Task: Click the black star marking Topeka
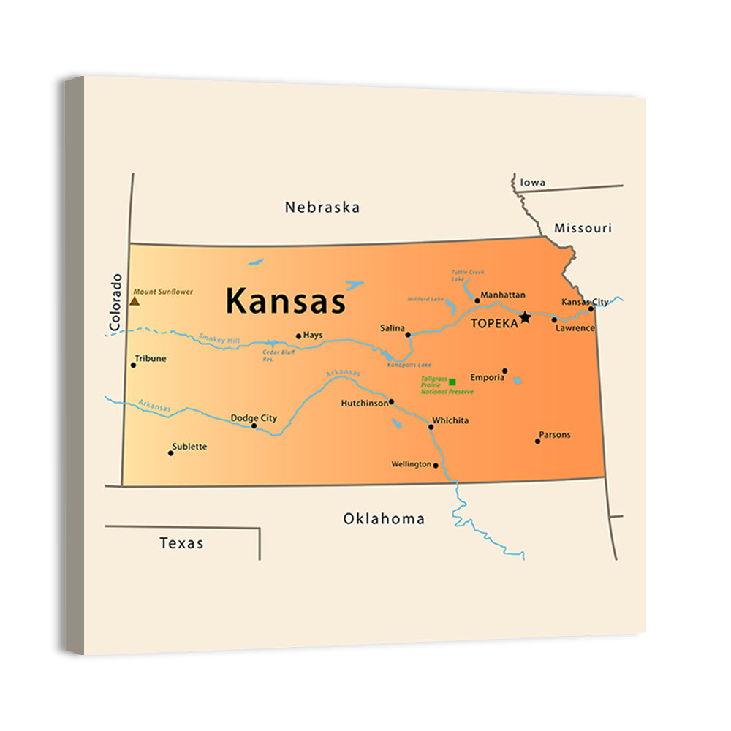coord(525,317)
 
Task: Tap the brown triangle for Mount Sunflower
coord(135,300)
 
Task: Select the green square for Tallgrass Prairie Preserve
coord(452,382)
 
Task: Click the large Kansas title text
coord(285,300)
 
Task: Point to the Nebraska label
coord(322,208)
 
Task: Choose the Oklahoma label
coord(384,519)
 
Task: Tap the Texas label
coord(181,543)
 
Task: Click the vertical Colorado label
coord(115,302)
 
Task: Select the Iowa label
coord(533,182)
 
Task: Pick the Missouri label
coord(583,228)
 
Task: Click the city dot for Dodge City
coord(254,425)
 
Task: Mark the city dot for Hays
coord(298,336)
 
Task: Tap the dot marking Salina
coord(408,335)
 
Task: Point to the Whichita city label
coord(450,420)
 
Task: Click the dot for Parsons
coord(537,441)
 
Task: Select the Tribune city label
coord(151,358)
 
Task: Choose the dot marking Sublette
coord(171,453)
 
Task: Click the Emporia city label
coord(488,377)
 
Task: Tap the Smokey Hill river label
coord(219,339)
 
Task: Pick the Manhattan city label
coord(503,295)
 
